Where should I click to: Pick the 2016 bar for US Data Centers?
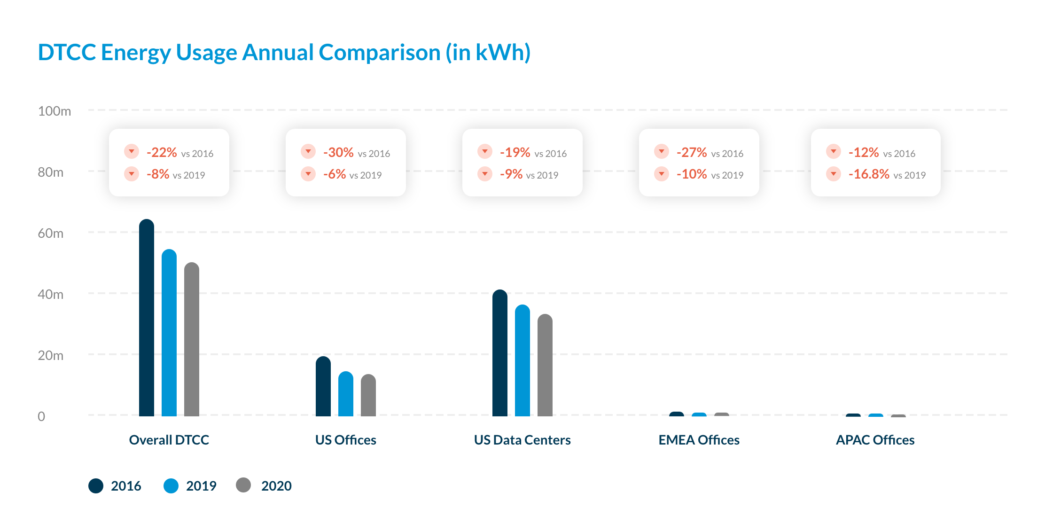[x=500, y=353]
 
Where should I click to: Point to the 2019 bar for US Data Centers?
[x=522, y=360]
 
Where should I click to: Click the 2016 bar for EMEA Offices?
[x=677, y=414]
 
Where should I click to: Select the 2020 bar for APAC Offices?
[x=898, y=415]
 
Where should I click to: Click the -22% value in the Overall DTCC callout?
[x=162, y=152]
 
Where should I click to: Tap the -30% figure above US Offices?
[x=338, y=152]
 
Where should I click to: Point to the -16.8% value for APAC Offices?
[x=869, y=174]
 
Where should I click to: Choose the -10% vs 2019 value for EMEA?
[x=692, y=174]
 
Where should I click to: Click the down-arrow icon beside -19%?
[x=485, y=151]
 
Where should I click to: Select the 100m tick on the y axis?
[x=55, y=111]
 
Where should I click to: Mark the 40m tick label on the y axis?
[x=51, y=294]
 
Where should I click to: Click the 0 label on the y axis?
[x=41, y=416]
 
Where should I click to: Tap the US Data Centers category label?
[x=522, y=440]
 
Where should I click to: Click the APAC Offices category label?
[x=875, y=440]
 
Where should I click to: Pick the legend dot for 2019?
[x=171, y=485]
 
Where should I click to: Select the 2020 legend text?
[x=276, y=486]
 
